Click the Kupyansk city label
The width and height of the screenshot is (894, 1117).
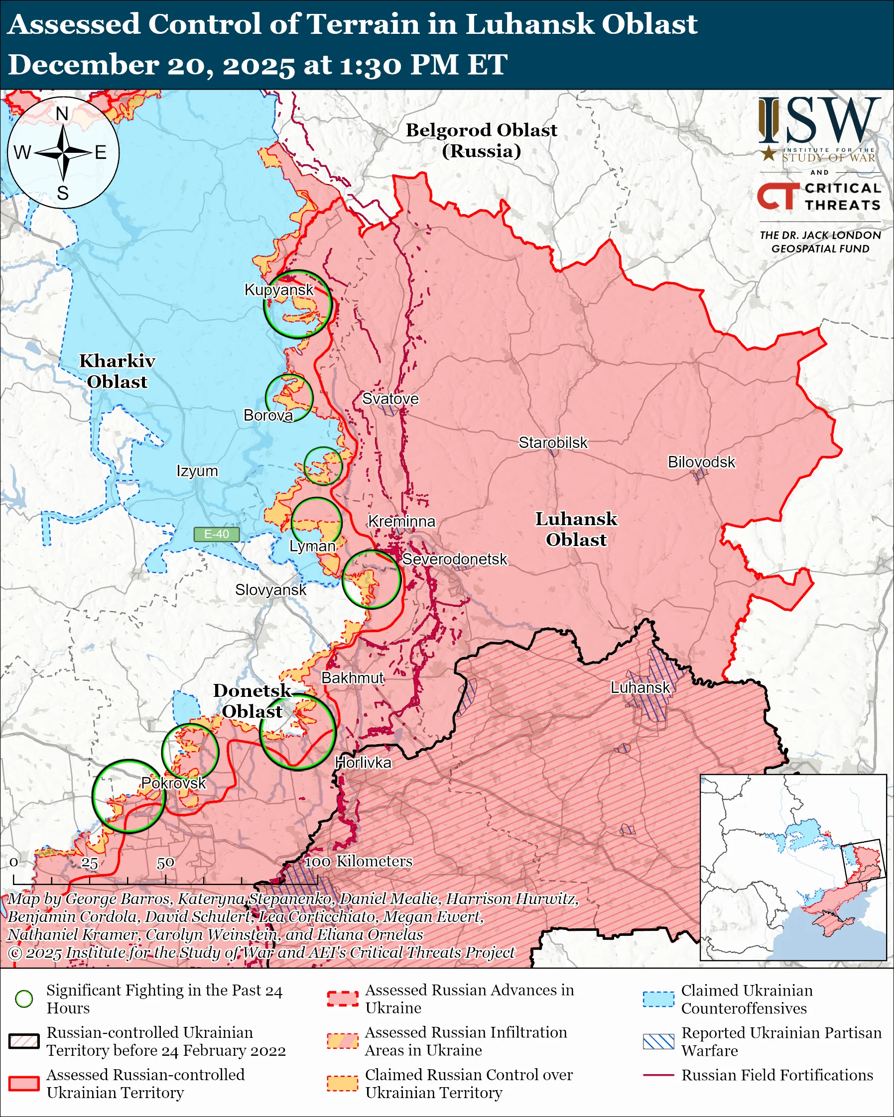[x=279, y=290]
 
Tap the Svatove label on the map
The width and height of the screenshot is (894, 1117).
[x=390, y=399]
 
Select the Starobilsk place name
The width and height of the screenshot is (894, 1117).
[x=553, y=443]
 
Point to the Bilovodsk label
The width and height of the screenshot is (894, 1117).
[x=701, y=462]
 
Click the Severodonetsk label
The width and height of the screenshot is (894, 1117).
[x=455, y=559]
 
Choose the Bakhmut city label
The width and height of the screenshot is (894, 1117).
[x=353, y=678]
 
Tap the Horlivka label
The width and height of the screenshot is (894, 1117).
[x=363, y=763]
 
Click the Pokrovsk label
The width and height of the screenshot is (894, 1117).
[x=174, y=783]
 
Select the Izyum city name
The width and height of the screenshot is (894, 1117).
[x=197, y=471]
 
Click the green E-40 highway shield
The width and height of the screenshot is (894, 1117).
[x=216, y=534]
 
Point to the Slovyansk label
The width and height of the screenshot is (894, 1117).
[x=270, y=590]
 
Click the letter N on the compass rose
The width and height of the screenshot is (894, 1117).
[x=62, y=114]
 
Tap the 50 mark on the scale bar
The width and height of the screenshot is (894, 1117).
[x=165, y=863]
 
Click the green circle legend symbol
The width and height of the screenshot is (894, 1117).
[x=24, y=999]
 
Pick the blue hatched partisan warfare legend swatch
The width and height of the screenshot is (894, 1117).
[x=658, y=1042]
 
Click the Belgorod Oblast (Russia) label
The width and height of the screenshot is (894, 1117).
[x=481, y=140]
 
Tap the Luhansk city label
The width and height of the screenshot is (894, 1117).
[x=640, y=688]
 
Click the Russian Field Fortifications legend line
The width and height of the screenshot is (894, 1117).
[x=658, y=1076]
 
